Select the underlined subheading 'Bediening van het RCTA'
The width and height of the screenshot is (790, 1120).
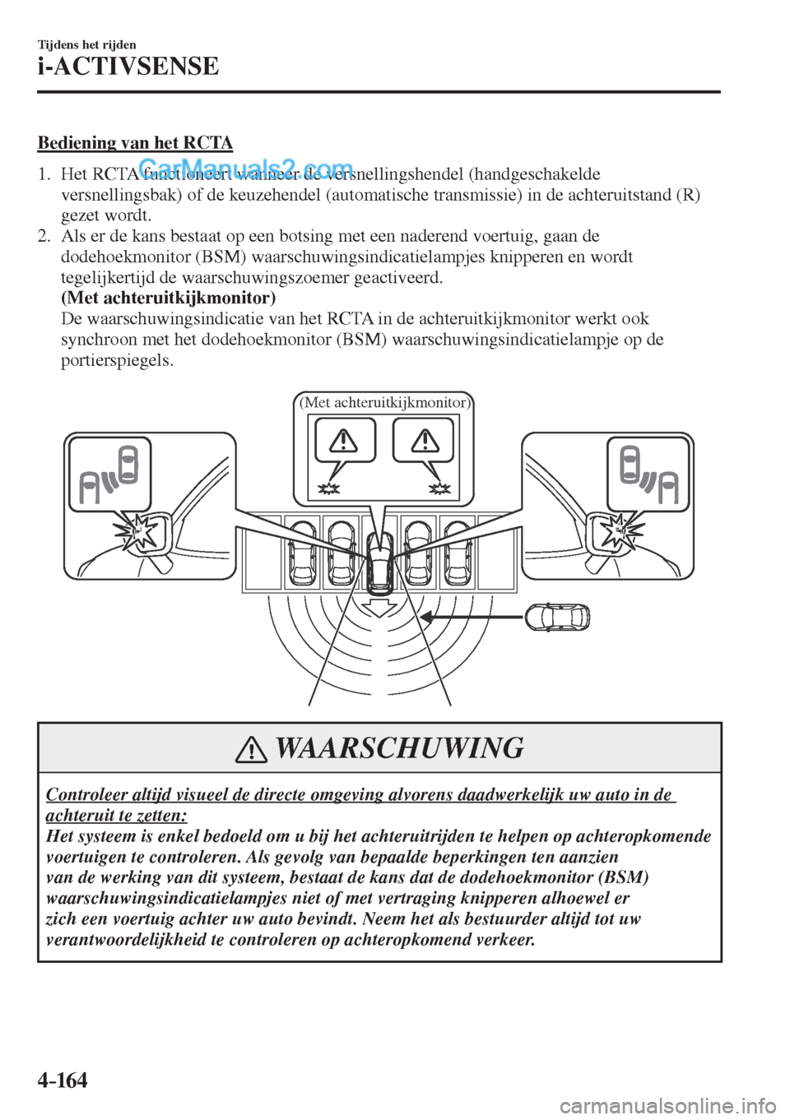[x=135, y=144]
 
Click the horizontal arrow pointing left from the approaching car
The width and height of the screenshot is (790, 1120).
[x=470, y=615]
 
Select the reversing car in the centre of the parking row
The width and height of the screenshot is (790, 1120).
[x=381, y=562]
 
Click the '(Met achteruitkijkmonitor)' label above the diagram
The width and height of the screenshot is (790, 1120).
[x=384, y=402]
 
